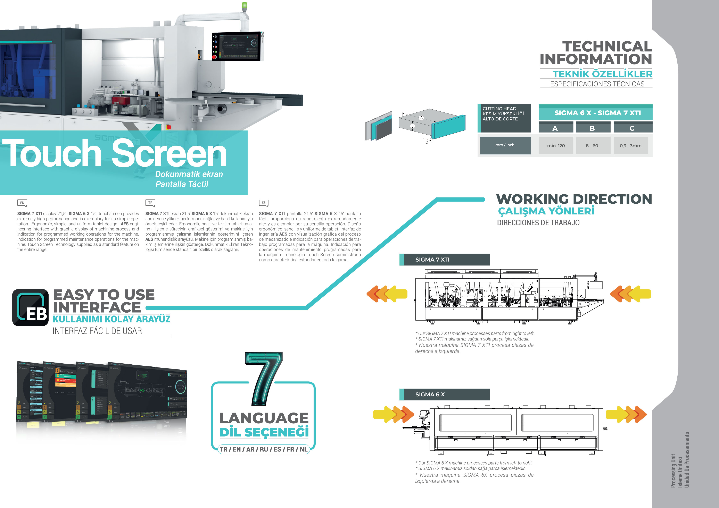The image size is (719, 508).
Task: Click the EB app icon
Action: pos(30,307)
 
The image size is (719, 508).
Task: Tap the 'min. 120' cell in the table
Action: pos(556,146)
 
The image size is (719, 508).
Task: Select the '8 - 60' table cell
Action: pos(592,146)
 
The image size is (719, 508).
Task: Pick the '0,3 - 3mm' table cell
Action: pos(630,146)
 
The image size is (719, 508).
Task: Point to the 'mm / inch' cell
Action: pos(505,145)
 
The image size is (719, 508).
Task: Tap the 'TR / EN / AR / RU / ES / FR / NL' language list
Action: pos(263,449)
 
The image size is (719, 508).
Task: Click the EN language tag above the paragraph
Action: pos(22,203)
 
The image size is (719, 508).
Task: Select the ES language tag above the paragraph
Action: pos(264,203)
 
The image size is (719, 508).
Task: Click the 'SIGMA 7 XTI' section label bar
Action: pos(445,260)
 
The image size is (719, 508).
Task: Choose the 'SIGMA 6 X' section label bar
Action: pos(445,394)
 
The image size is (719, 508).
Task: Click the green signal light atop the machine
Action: pos(244,6)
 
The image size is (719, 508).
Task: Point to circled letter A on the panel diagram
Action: pos(422,118)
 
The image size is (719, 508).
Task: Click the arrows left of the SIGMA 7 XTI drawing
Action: pos(387,294)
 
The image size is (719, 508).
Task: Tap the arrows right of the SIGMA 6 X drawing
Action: pos(626,414)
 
